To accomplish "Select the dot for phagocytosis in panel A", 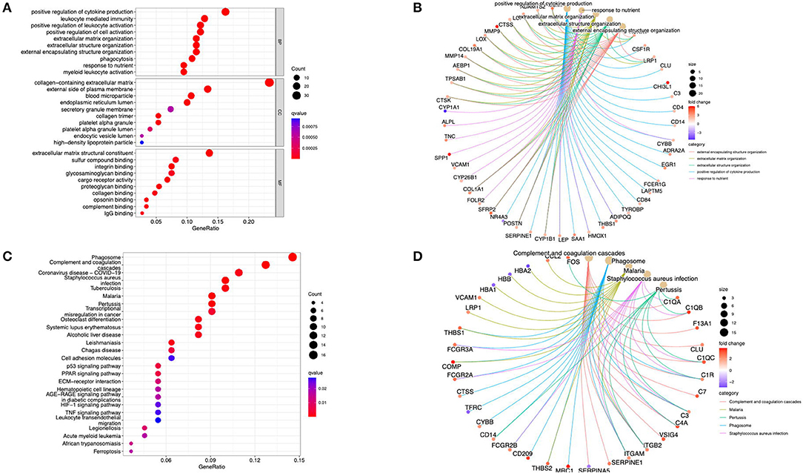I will [192, 59].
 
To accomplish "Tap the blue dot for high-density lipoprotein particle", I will [141, 142].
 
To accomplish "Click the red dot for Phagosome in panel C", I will [293, 257].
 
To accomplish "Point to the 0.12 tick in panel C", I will [256, 460].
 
